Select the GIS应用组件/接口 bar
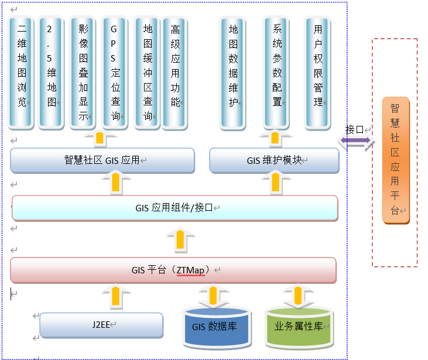[x=174, y=208]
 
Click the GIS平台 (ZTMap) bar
[x=173, y=270]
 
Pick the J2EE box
[x=101, y=325]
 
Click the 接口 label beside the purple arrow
[x=355, y=129]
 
